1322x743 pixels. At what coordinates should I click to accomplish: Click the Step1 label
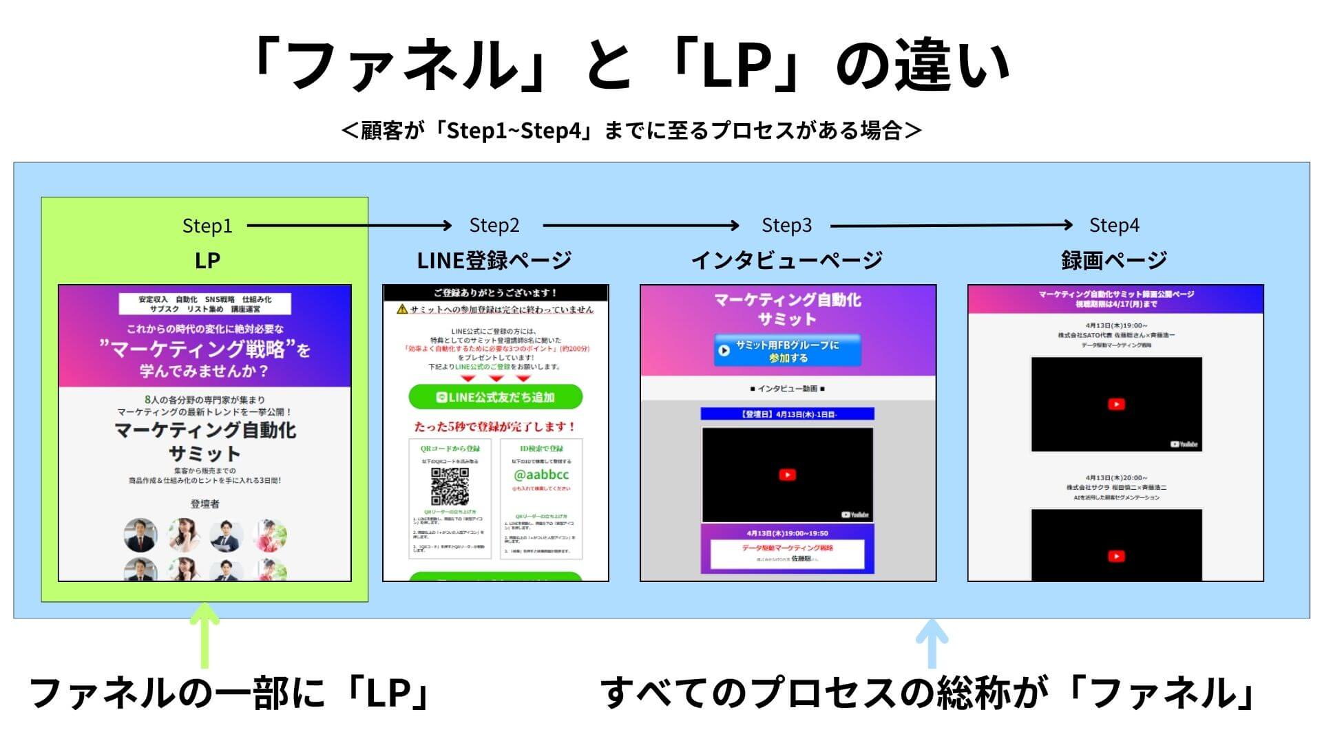tap(207, 226)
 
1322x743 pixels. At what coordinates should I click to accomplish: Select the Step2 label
tap(494, 225)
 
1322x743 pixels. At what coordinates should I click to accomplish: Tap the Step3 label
tap(786, 225)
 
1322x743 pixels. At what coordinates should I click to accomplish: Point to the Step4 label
tap(1113, 225)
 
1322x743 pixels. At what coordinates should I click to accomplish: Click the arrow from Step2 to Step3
tap(640, 225)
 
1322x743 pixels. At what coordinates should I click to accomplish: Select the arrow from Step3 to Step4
tap(951, 225)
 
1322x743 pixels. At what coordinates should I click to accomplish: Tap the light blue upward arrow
tap(931, 643)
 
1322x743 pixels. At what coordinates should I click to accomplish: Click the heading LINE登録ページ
tap(494, 260)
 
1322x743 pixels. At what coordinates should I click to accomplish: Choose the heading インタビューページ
tap(786, 260)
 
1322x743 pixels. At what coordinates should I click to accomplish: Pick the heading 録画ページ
tap(1113, 260)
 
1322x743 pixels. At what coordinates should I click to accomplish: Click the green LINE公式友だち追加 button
tap(495, 397)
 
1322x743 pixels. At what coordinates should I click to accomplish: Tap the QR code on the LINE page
tap(450, 486)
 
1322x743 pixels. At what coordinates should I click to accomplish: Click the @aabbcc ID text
tap(541, 475)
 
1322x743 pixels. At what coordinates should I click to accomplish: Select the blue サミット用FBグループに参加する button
tap(787, 351)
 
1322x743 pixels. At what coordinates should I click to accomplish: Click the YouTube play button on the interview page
tap(787, 475)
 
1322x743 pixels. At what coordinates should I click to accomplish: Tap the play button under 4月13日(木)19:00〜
tap(1116, 404)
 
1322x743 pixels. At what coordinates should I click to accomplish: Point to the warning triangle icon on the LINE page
tap(402, 310)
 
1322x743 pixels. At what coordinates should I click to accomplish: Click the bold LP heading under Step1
tap(207, 260)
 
